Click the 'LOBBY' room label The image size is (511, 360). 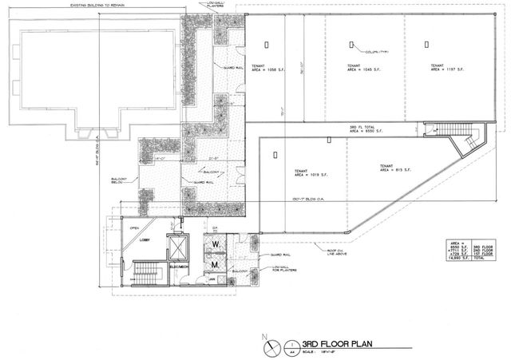coord(147,239)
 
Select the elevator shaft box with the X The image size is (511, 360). coord(178,246)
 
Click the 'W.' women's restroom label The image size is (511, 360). coord(216,244)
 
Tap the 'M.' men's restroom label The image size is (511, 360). coord(216,263)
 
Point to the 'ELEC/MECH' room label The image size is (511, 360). coord(178,266)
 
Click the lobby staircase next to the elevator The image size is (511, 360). coord(145,273)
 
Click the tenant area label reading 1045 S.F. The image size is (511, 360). coord(352,68)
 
